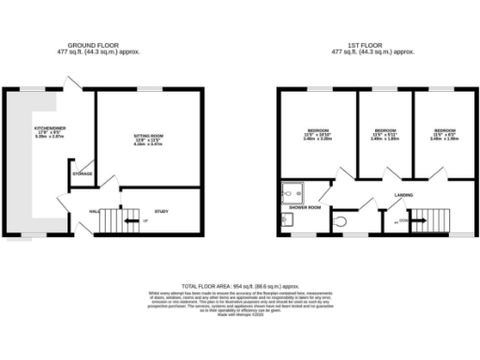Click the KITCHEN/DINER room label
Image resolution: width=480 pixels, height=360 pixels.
click(x=48, y=127)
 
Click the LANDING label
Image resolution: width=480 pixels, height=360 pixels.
click(x=404, y=195)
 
